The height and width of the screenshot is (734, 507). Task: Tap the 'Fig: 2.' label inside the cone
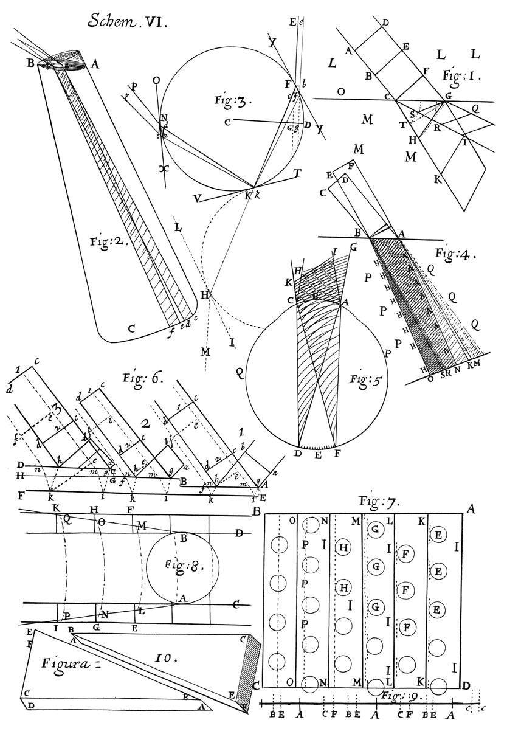[103, 241]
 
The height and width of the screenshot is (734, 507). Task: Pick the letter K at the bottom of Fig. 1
[437, 180]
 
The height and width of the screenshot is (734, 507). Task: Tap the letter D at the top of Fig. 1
[385, 23]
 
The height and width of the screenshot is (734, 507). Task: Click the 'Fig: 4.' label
[455, 252]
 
